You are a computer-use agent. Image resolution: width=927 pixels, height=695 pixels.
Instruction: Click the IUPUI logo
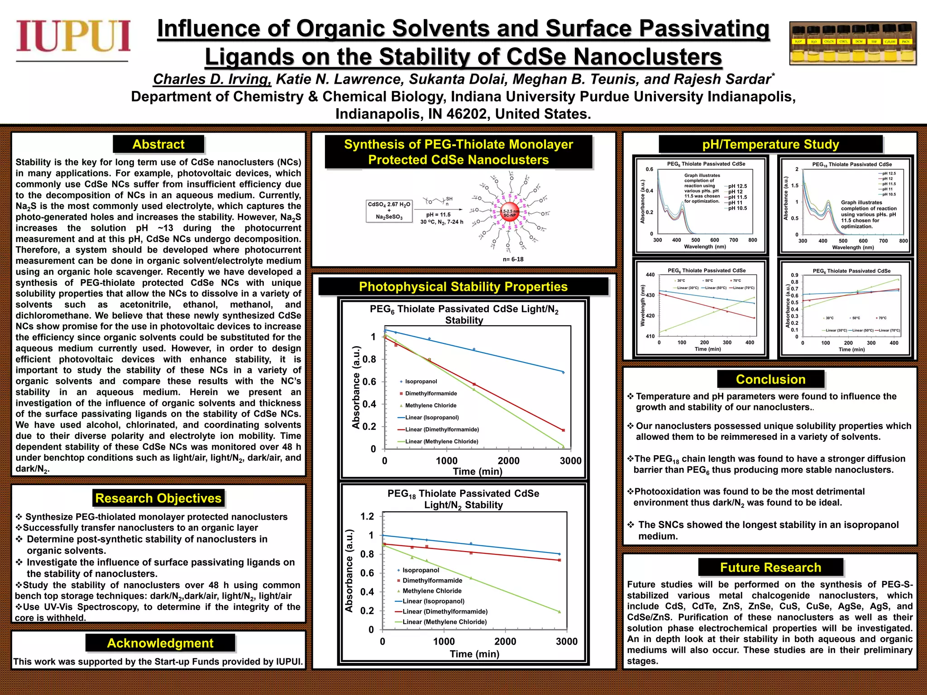pyautogui.click(x=73, y=36)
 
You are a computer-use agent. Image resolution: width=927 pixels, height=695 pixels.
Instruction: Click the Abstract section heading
pyautogui.click(x=158, y=144)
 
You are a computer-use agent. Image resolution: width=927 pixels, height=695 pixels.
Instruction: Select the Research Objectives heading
pyautogui.click(x=158, y=498)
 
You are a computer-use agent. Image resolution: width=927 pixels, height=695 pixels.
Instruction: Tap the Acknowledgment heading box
pyautogui.click(x=160, y=643)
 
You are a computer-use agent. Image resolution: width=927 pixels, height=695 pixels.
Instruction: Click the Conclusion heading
pyautogui.click(x=770, y=379)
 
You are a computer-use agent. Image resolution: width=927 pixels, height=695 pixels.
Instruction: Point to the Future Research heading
pyautogui.click(x=770, y=567)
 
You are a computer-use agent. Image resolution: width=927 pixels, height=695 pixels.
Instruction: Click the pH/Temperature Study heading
pyautogui.click(x=770, y=144)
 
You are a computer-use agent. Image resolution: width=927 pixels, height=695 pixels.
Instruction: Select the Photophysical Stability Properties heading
pyautogui.click(x=463, y=287)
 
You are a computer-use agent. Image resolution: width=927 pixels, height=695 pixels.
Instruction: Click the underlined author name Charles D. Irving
pyautogui.click(x=212, y=79)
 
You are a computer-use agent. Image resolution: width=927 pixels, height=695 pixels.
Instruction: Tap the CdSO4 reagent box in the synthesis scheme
pyautogui.click(x=389, y=211)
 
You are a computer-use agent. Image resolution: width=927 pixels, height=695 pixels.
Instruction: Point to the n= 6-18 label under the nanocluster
pyautogui.click(x=513, y=259)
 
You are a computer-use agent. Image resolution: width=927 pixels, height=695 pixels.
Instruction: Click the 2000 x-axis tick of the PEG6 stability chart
pyautogui.click(x=508, y=461)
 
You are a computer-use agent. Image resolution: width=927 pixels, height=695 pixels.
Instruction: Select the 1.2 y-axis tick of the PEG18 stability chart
pyautogui.click(x=367, y=516)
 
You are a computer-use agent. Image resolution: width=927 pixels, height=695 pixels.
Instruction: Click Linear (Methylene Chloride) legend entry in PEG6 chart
pyautogui.click(x=438, y=441)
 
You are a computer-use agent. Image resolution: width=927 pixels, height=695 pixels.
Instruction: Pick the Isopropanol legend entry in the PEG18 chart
pyautogui.click(x=420, y=570)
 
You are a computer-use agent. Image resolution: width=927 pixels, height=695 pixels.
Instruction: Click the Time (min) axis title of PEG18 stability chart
pyautogui.click(x=474, y=654)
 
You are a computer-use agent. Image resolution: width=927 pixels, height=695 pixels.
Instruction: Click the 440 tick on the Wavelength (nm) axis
pyautogui.click(x=650, y=275)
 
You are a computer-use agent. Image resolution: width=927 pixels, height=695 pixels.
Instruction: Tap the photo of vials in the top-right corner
pyautogui.click(x=853, y=43)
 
